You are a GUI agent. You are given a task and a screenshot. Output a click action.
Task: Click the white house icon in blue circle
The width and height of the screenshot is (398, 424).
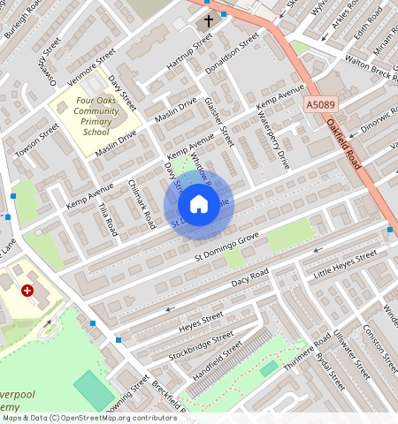[x=199, y=205]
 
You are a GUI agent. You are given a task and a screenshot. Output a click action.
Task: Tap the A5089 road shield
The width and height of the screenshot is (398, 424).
[x=320, y=105]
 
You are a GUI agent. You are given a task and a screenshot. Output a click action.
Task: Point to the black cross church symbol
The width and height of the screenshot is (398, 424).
[x=209, y=19]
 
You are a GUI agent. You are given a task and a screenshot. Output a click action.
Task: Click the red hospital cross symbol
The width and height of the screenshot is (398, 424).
[x=27, y=290]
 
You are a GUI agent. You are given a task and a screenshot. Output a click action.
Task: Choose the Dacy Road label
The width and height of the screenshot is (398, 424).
[x=249, y=279]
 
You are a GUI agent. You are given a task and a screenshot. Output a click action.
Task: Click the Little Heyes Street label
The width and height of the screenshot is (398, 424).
[x=344, y=261]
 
